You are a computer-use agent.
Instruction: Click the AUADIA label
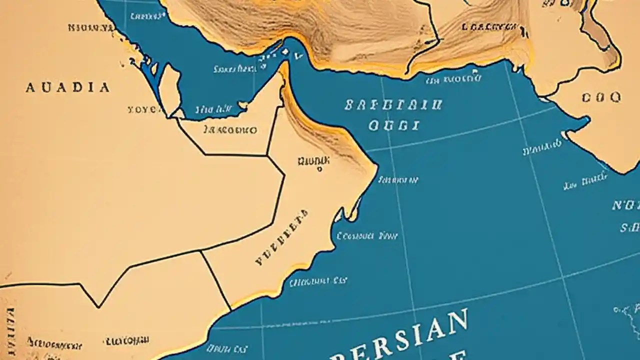[x=67, y=88]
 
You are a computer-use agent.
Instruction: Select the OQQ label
[x=601, y=96]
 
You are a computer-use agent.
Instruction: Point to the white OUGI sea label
[x=393, y=125]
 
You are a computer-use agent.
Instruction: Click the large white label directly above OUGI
[x=393, y=105]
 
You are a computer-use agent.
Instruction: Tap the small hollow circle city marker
[x=319, y=169]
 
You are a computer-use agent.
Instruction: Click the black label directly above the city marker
[x=313, y=160]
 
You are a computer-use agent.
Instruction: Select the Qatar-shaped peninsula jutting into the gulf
[x=170, y=90]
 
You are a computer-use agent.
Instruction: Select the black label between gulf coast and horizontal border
[x=230, y=130]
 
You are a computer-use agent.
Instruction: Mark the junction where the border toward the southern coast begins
[x=201, y=251]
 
